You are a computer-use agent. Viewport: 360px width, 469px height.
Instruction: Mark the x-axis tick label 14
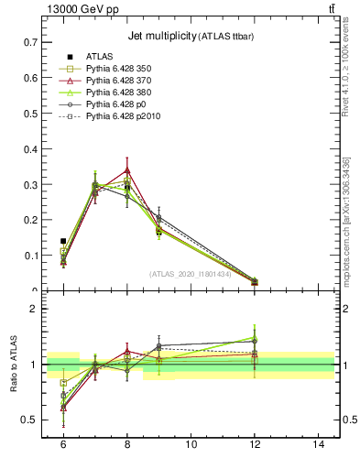coord(318,443)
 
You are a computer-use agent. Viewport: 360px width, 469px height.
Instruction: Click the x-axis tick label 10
coord(191,443)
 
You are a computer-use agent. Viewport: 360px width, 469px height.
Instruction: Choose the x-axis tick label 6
coord(63,443)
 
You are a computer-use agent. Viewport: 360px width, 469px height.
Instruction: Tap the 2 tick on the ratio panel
coord(35,309)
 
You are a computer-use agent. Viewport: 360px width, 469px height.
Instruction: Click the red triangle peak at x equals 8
coord(127,170)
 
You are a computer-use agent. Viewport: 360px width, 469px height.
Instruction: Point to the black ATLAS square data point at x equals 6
coord(63,241)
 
